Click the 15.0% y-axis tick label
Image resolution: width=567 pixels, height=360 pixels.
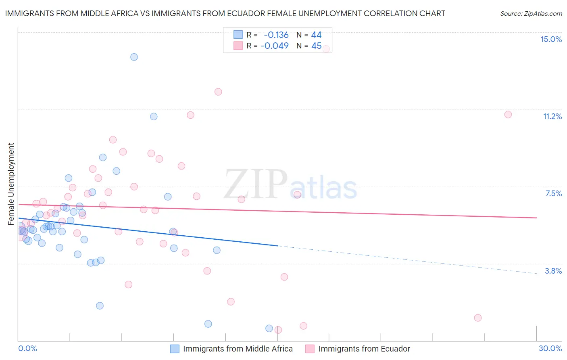point(551,39)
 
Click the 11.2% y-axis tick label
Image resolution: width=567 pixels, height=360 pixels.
point(552,116)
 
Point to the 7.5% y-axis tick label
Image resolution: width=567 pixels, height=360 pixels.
point(553,193)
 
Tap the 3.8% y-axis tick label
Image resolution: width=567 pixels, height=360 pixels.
point(553,271)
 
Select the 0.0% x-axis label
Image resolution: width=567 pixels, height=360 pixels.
point(27,348)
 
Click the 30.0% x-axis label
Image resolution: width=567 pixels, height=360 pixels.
point(550,348)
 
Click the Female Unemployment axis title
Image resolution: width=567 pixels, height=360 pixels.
point(11,184)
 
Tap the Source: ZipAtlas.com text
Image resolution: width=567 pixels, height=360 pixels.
point(531,13)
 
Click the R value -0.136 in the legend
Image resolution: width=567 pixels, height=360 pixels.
point(276,35)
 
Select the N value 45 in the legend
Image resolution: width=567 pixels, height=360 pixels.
point(316,46)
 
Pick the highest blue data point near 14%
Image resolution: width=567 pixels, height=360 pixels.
point(134,57)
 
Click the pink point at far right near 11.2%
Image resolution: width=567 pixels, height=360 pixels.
point(508,115)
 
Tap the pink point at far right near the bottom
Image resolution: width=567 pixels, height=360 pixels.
point(478,318)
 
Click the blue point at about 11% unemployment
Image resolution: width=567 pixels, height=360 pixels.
point(154,117)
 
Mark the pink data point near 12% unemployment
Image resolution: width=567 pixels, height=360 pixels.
point(218,92)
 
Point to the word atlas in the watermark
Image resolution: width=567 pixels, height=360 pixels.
point(323,188)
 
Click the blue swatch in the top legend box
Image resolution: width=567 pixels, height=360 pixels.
point(238,35)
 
